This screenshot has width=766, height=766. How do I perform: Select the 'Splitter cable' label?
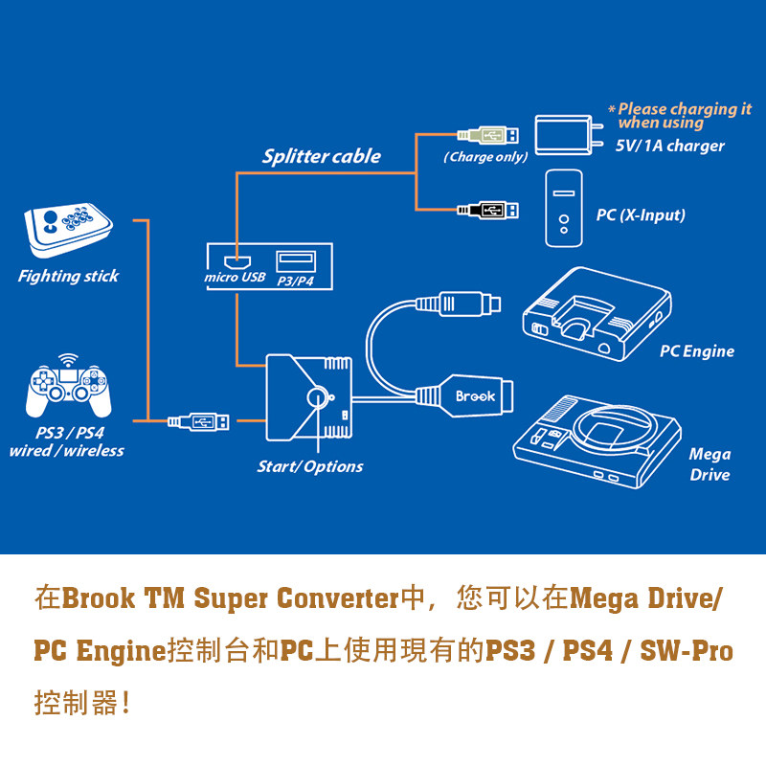click(321, 156)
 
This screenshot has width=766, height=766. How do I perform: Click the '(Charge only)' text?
click(485, 157)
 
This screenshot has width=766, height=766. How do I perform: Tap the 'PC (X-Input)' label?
click(641, 214)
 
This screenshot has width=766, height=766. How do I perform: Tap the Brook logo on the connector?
click(475, 395)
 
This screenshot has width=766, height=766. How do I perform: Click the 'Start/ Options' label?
click(309, 466)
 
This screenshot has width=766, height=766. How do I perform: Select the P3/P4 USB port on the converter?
click(295, 259)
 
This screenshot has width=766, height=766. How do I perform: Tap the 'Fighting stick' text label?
click(68, 276)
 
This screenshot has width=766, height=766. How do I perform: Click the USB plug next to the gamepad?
click(198, 420)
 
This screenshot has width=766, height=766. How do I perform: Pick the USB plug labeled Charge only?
click(488, 134)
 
